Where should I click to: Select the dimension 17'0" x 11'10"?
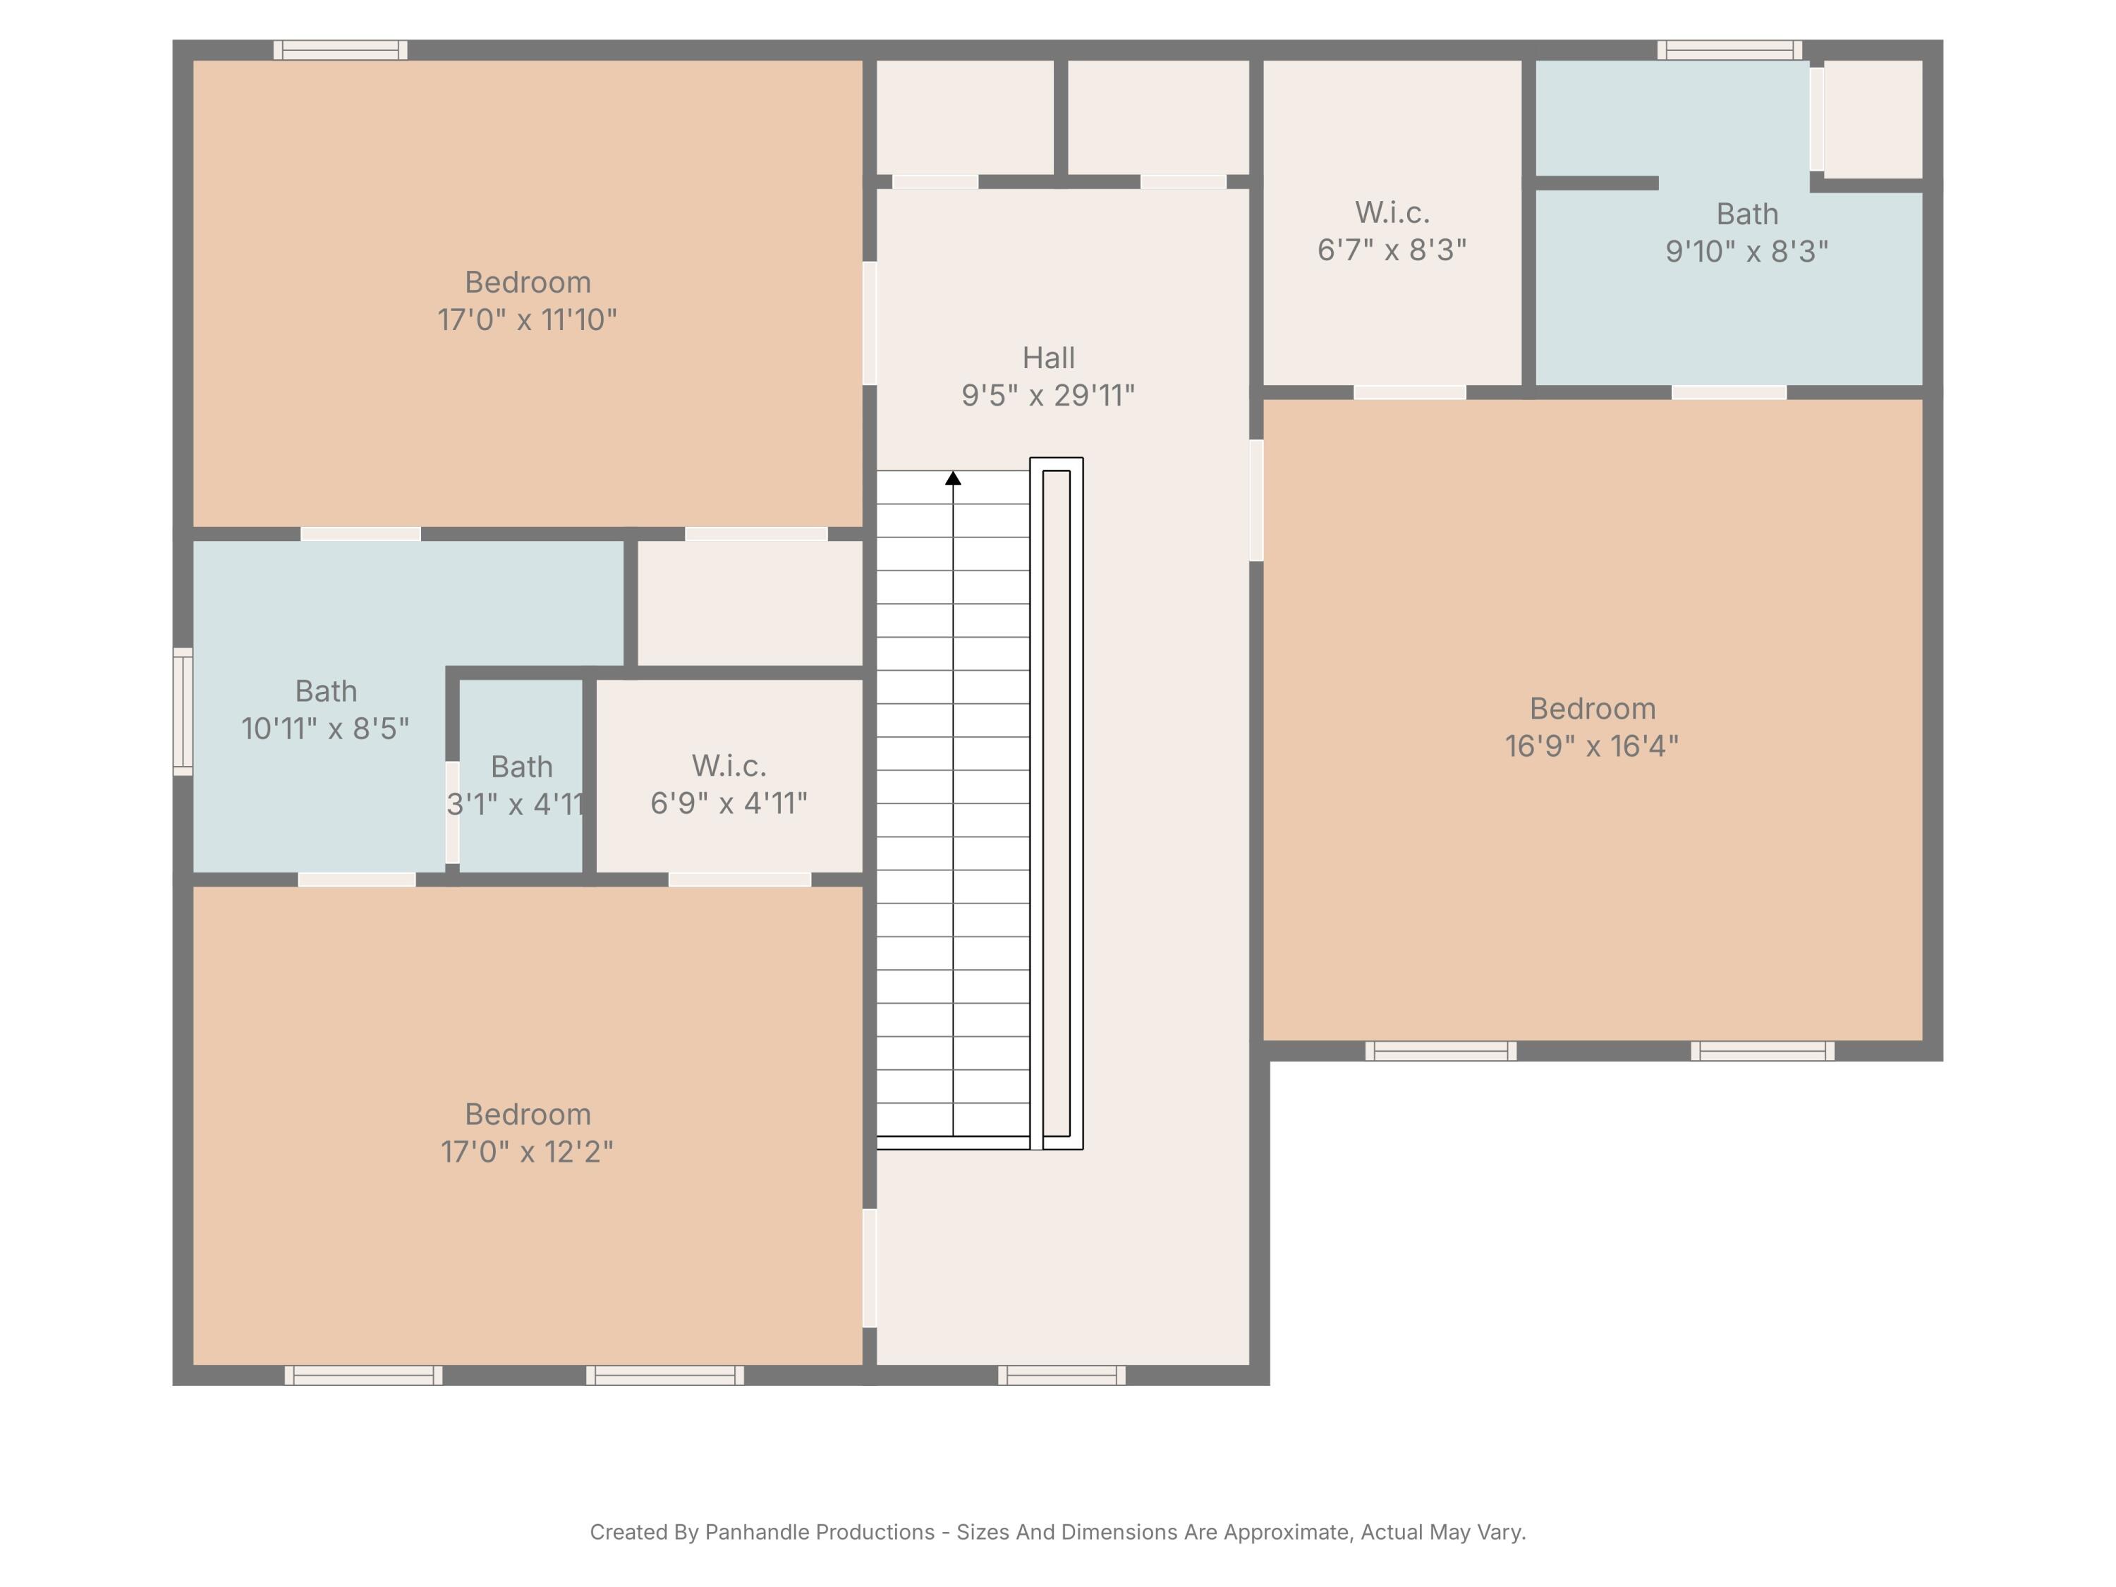pos(527,320)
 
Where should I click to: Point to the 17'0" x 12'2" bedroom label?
pos(527,1133)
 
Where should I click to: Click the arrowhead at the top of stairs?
pos(953,478)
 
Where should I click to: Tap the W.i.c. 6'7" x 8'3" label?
pos(1392,231)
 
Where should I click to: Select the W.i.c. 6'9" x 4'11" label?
pos(729,784)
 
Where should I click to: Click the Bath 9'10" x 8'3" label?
pos(1746,233)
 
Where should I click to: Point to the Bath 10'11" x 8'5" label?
pos(325,710)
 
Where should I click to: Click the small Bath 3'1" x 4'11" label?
pos(521,784)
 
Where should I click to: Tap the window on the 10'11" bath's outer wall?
pos(182,711)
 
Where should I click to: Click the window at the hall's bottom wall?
pos(1062,1375)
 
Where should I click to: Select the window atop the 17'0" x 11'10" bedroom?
pos(341,50)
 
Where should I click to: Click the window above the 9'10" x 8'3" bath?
pos(1729,50)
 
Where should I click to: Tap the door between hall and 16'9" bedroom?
pos(1256,500)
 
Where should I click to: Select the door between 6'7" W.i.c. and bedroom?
pos(1409,392)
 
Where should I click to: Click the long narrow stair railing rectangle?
pos(1056,803)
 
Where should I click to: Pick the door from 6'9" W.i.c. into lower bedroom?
pos(739,879)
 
